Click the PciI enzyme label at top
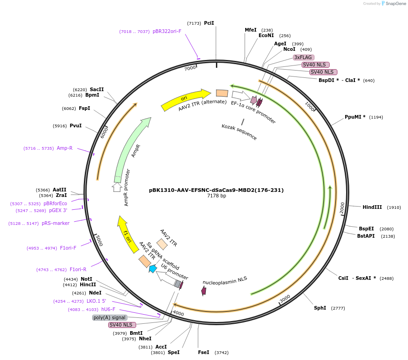209,23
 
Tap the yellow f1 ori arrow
127,234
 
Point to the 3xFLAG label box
303,57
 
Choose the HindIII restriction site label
372,207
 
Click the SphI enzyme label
320,308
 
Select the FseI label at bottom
204,352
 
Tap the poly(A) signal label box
109,317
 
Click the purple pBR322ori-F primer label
167,31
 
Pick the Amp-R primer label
65,148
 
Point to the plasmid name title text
216,190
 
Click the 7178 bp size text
216,196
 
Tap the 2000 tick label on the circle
342,207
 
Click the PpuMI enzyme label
355,117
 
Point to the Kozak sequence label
239,132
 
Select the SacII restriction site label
97,89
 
